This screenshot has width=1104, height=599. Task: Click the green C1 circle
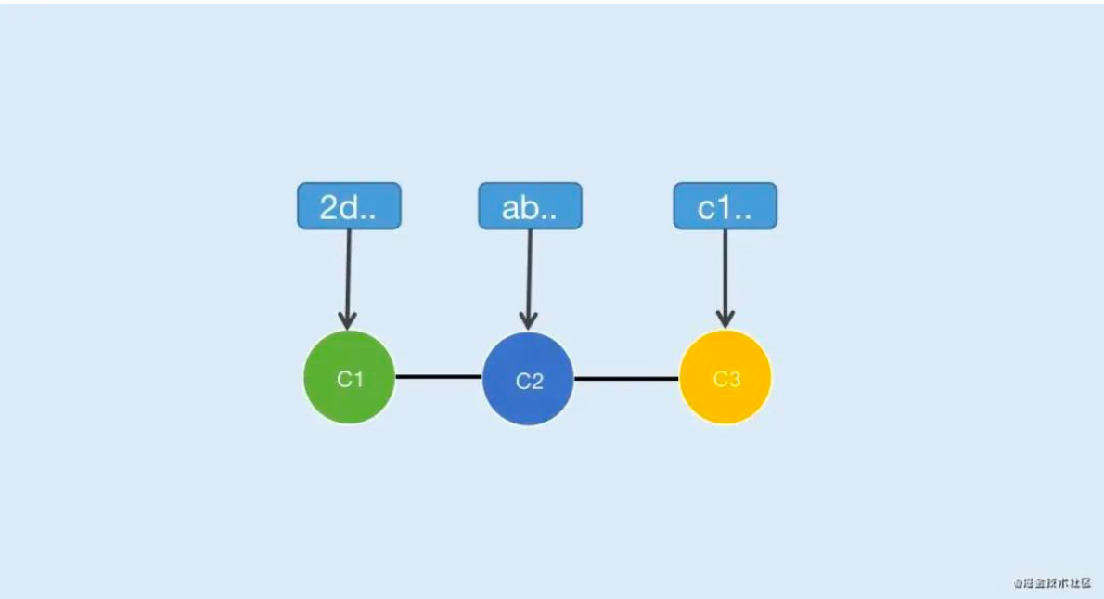click(x=349, y=377)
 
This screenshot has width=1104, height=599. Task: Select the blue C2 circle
click(x=528, y=379)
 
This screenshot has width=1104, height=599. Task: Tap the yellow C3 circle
click(x=725, y=377)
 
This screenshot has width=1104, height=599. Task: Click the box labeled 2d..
click(x=349, y=206)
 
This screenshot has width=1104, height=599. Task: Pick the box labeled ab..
click(x=530, y=206)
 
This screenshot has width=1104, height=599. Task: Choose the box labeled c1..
click(x=725, y=206)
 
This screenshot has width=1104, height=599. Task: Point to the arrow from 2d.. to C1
click(x=349, y=274)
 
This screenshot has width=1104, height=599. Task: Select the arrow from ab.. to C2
click(x=530, y=274)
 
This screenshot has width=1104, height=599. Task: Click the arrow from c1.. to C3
click(x=725, y=274)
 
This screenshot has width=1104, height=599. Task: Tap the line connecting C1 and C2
click(x=439, y=377)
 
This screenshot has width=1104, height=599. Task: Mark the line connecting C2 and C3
click(x=626, y=378)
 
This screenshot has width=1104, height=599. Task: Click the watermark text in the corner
click(x=1052, y=583)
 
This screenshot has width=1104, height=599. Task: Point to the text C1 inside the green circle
click(x=349, y=379)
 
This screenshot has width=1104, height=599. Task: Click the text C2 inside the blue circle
click(x=529, y=381)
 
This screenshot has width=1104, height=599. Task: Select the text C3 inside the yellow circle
click(x=726, y=379)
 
